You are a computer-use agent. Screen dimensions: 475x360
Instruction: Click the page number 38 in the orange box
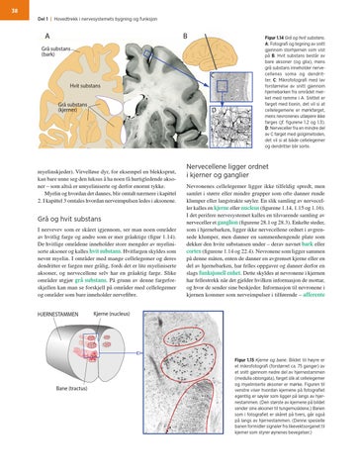[13, 10]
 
